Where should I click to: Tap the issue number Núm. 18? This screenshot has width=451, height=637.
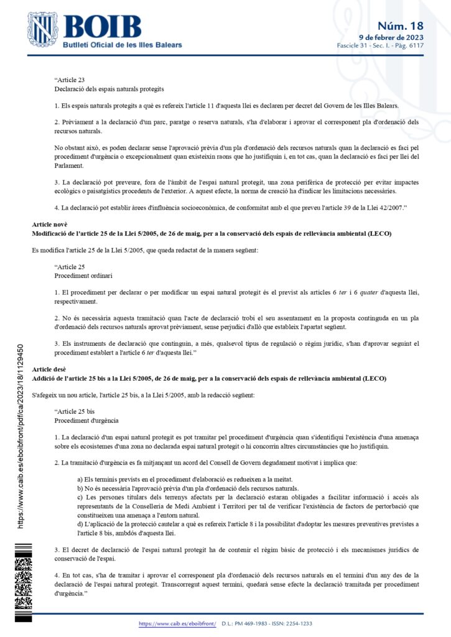pos(401,26)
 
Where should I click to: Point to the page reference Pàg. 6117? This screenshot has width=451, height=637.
pos(410,46)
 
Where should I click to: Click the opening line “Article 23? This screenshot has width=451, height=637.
pos(69,80)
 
